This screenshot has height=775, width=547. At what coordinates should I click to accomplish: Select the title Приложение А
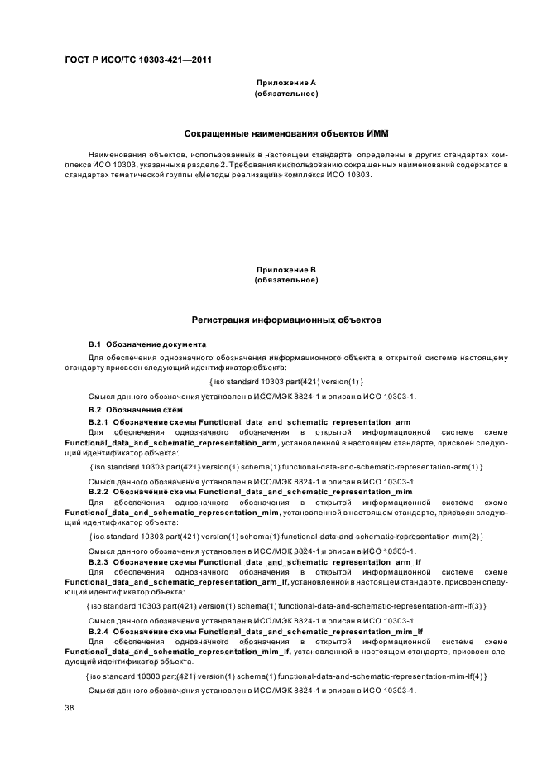[x=285, y=83]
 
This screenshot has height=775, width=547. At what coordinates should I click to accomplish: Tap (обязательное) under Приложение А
[x=285, y=94]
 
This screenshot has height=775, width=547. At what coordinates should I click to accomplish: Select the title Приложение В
[x=285, y=270]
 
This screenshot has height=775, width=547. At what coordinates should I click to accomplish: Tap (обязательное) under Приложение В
[x=285, y=281]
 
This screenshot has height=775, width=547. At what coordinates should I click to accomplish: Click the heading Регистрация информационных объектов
[x=285, y=320]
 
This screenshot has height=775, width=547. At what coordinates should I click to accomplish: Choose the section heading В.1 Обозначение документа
[x=146, y=344]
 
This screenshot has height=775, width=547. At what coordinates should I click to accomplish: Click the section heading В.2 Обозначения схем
[x=135, y=409]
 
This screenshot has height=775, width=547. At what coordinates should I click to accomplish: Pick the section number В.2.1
[x=98, y=421]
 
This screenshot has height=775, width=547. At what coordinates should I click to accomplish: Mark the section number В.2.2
[x=98, y=492]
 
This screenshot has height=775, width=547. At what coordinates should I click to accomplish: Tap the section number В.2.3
[x=98, y=562]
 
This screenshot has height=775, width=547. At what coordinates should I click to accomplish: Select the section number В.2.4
[x=98, y=632]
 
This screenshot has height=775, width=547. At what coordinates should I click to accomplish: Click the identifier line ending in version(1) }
[x=285, y=381]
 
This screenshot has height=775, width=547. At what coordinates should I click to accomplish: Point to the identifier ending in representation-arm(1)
[x=285, y=467]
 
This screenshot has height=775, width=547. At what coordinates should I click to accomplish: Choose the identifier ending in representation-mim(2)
[x=285, y=537]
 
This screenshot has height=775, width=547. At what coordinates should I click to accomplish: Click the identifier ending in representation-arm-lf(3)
[x=285, y=607]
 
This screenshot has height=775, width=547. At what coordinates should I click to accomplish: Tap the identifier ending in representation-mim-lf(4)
[x=285, y=677]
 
